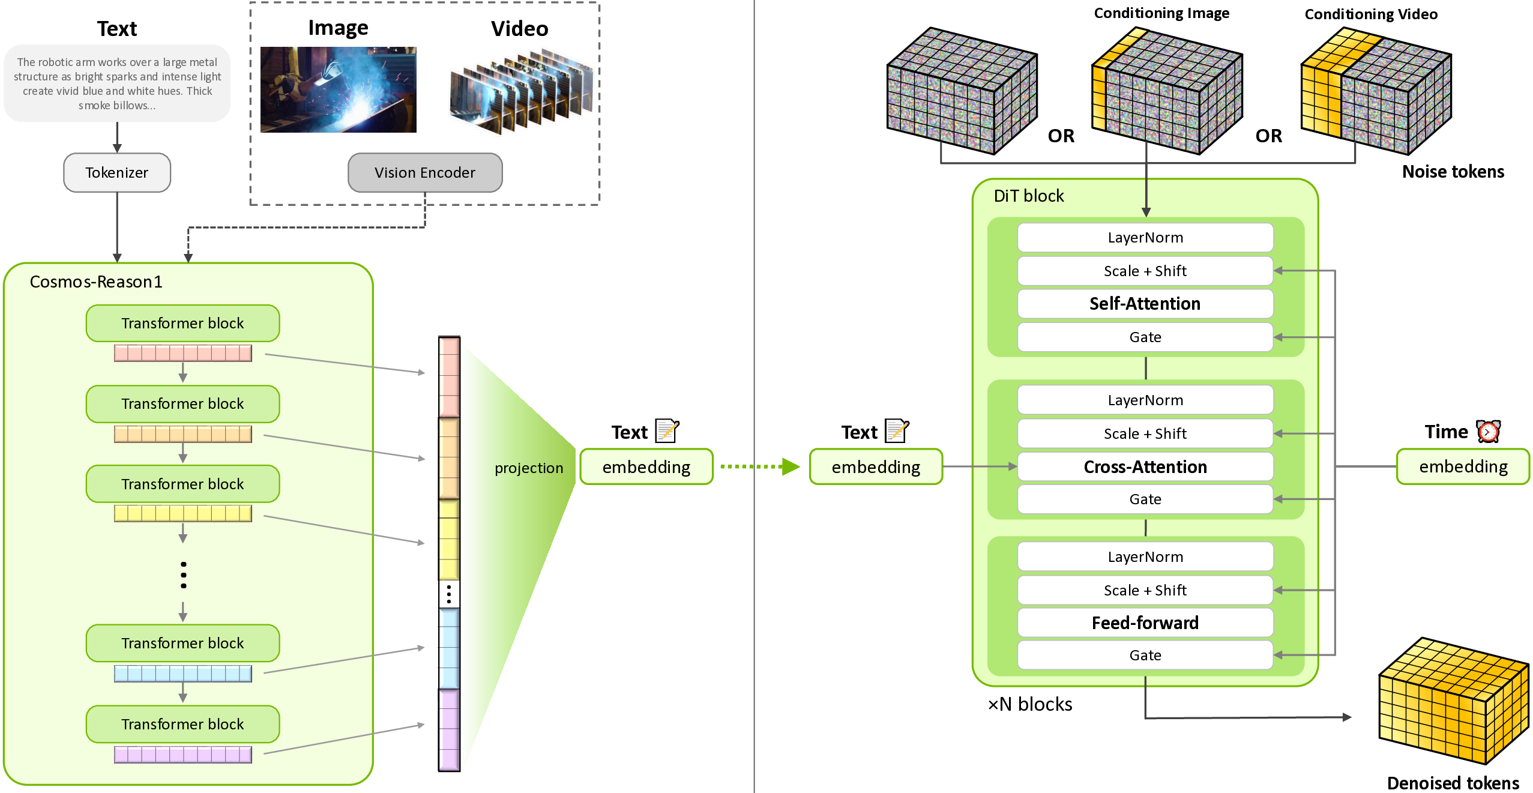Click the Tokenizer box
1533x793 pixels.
[x=117, y=173]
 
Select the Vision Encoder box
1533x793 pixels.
[x=425, y=173]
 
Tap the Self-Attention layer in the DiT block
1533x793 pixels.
[x=1145, y=304]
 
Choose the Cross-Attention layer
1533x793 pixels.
[x=1145, y=467]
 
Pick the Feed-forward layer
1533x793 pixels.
[x=1145, y=623]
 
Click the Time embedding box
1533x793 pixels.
[x=1463, y=467]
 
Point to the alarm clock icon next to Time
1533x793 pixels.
[x=1489, y=431]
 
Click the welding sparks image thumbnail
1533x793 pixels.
[x=338, y=89]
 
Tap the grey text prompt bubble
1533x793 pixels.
[x=117, y=83]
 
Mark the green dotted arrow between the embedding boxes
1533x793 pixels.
[x=760, y=466]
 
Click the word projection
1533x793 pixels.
[x=529, y=468]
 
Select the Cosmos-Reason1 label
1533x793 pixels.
[x=96, y=282]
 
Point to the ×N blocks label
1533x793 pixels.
[x=1030, y=704]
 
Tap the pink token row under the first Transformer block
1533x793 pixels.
[x=183, y=353]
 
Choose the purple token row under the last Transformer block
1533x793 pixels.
[x=183, y=755]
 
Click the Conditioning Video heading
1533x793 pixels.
[x=1371, y=14]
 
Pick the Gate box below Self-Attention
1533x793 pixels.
[x=1145, y=337]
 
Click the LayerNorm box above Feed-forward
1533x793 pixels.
[x=1145, y=557]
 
